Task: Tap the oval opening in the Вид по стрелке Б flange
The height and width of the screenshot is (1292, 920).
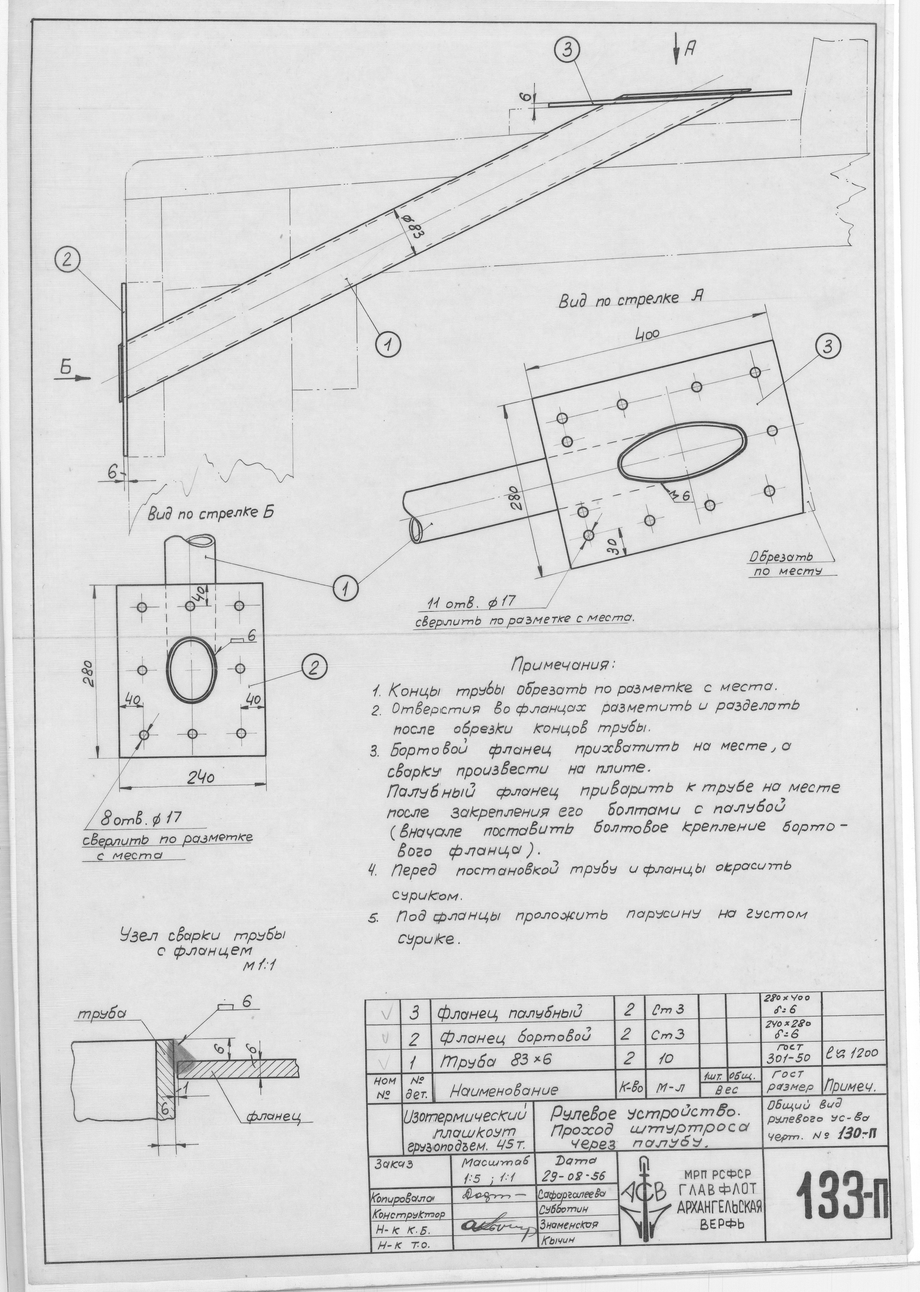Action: (x=192, y=669)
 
